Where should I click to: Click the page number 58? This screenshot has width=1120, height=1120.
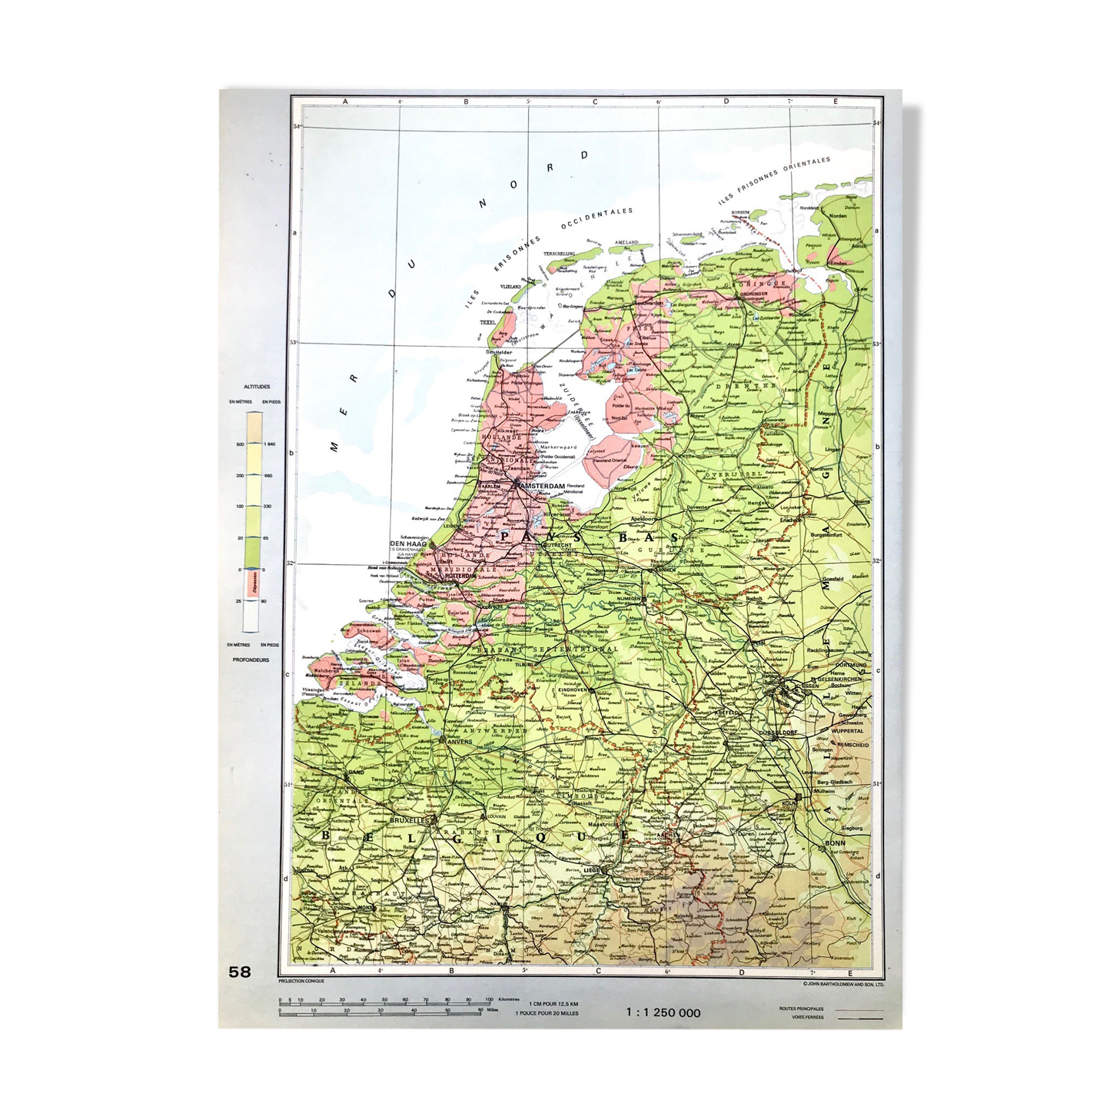(240, 972)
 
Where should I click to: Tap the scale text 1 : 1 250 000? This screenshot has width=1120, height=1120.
(663, 1012)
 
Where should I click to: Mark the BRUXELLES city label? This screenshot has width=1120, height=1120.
(408, 820)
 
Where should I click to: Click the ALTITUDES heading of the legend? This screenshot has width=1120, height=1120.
(255, 387)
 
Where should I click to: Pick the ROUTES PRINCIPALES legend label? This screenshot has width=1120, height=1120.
(801, 1008)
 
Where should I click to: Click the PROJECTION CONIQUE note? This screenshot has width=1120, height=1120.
(301, 982)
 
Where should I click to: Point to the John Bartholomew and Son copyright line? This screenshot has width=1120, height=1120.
(843, 982)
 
